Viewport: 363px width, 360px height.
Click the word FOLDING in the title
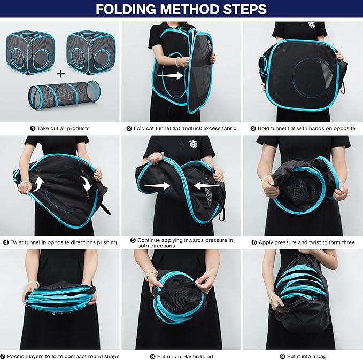(126, 9)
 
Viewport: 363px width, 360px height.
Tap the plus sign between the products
(61, 74)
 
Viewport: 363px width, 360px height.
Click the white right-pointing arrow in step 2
(171, 75)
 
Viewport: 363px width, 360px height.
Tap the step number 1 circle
(33, 128)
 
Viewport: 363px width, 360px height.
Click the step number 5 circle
(133, 240)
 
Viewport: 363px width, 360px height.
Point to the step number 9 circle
(282, 357)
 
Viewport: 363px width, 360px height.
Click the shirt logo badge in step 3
(311, 25)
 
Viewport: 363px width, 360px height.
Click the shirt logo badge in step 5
(193, 144)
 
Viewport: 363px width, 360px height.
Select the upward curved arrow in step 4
(38, 184)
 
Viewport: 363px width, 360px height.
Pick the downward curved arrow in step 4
(87, 184)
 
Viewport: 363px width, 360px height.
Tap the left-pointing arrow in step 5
(206, 185)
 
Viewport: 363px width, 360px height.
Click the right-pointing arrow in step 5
(157, 186)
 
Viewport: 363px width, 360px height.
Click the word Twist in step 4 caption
(17, 242)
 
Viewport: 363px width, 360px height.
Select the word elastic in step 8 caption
(186, 357)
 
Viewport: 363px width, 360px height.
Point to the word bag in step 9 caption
(321, 357)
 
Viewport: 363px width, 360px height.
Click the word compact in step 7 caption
(74, 357)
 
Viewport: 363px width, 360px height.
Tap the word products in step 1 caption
(78, 129)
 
